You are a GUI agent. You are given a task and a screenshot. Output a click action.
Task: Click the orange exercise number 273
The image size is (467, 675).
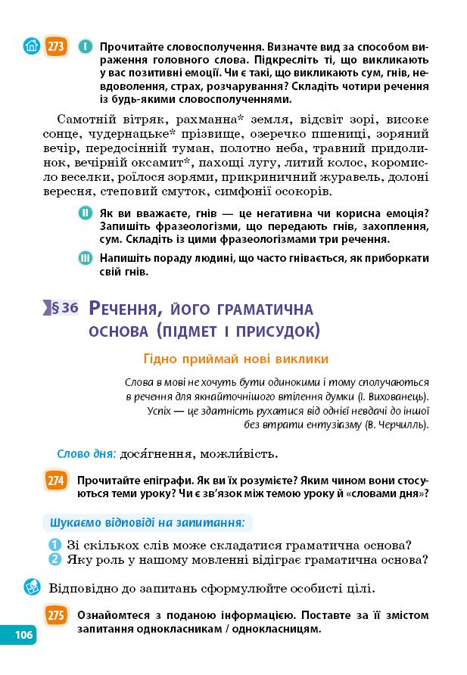[x=56, y=47]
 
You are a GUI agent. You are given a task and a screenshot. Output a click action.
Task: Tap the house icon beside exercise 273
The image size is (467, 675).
[x=30, y=47]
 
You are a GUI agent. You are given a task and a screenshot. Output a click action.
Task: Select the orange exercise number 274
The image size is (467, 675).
[x=56, y=481]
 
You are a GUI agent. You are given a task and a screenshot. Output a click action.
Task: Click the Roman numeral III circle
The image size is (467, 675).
[x=86, y=259]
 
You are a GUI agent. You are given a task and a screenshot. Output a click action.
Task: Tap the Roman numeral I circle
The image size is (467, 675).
[x=86, y=47]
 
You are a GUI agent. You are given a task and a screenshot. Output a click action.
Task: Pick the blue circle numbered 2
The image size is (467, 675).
[x=54, y=560]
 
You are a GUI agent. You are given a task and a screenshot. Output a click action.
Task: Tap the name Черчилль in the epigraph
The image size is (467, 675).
[x=401, y=425]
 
